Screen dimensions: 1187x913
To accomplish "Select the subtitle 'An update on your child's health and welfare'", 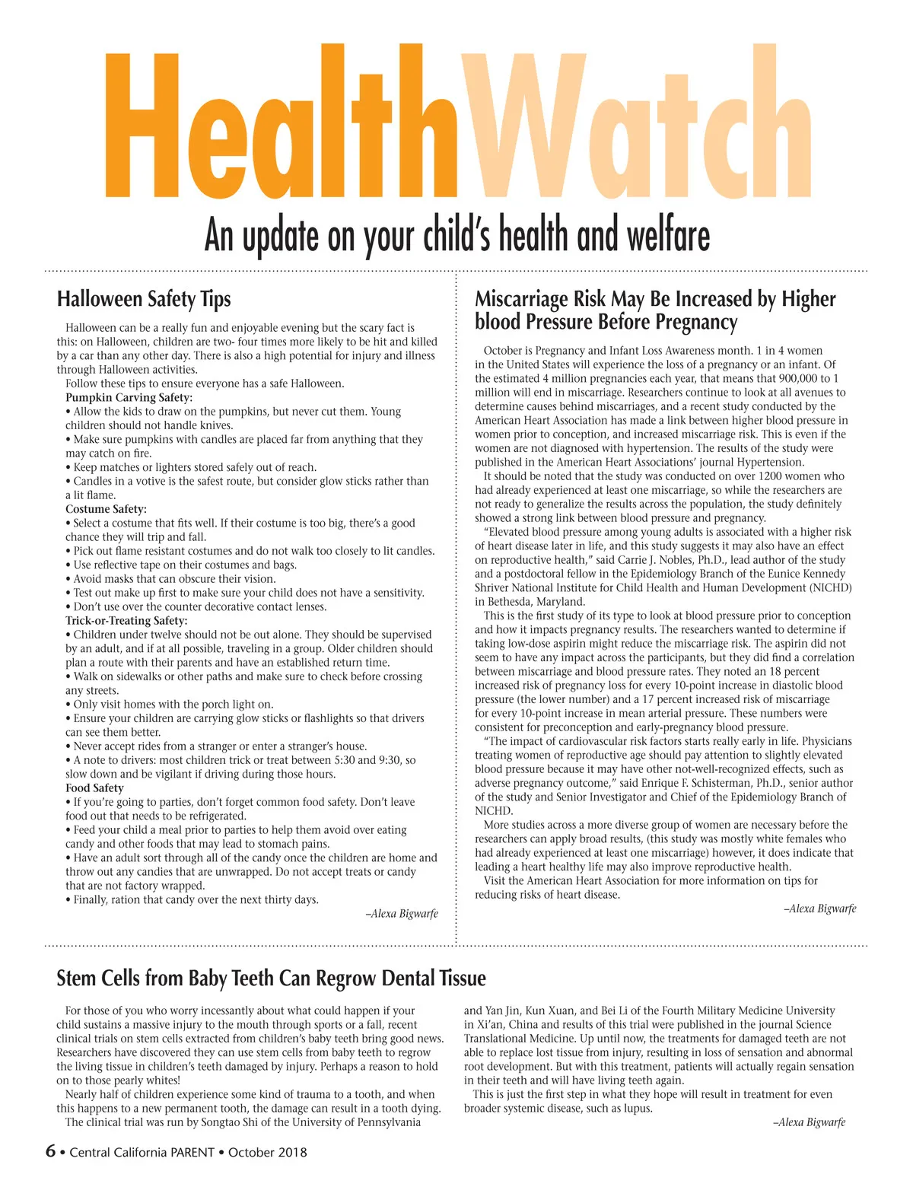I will point(456,235).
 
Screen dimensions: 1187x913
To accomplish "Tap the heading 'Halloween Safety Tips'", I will point(144,299).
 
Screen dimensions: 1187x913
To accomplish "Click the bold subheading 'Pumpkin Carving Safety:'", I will point(129,397).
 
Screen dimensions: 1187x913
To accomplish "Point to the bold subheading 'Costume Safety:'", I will point(106,509).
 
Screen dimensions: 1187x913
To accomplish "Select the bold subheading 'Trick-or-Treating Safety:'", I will point(126,620).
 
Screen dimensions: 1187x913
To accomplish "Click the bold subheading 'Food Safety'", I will point(94,788).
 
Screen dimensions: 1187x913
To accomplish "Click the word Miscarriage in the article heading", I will point(521,299).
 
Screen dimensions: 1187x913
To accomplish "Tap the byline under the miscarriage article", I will point(820,909).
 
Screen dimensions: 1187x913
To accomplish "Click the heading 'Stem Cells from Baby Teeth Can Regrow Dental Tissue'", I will point(271,979).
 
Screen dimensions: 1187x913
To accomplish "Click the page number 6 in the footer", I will point(50,1151).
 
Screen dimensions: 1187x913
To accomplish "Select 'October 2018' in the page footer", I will point(267,1152).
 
